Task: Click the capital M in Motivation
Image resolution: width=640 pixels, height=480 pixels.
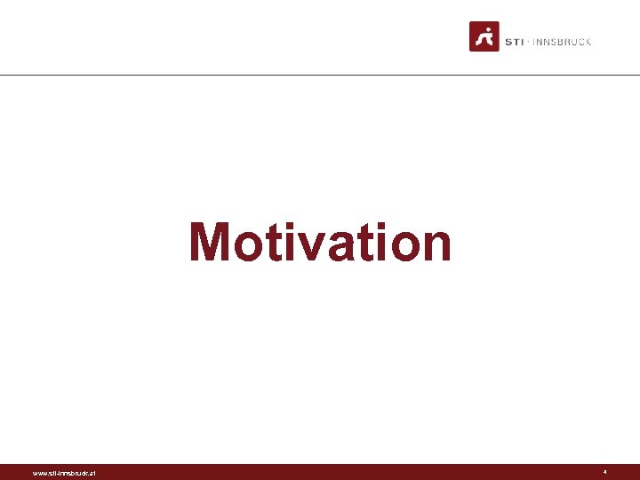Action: tap(210, 242)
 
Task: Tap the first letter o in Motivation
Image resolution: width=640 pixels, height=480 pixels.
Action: tap(247, 246)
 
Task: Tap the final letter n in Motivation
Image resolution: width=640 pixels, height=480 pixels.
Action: tap(435, 246)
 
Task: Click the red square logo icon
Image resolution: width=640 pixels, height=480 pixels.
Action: tap(484, 36)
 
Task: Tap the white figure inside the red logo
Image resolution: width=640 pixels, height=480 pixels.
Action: tap(484, 37)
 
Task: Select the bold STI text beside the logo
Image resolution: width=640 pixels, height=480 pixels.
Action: tap(514, 42)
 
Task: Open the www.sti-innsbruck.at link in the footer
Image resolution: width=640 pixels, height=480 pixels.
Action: tap(65, 473)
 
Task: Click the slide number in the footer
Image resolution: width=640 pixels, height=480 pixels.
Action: tap(604, 472)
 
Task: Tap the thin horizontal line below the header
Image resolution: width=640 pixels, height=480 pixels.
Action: tap(320, 75)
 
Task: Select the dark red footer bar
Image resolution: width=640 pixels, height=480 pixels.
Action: tap(320, 472)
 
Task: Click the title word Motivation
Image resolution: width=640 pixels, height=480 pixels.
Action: tap(320, 243)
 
